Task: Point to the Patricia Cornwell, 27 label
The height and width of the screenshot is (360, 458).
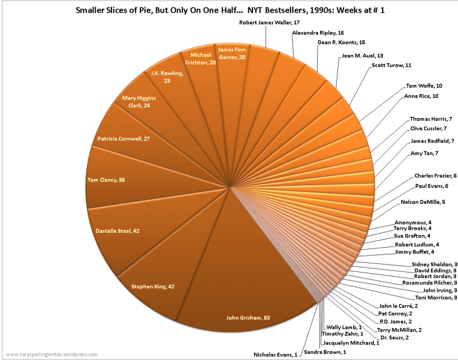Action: tap(124, 139)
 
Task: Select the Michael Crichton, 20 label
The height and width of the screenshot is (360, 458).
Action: tap(197, 58)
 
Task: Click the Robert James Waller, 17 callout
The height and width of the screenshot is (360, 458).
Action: tap(269, 22)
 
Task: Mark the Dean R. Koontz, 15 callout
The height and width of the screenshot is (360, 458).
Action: tap(341, 43)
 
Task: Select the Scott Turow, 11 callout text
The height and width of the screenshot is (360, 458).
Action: tap(391, 65)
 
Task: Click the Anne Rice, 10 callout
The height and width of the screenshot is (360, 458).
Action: tap(421, 96)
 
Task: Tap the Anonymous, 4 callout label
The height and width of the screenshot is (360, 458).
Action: tap(412, 222)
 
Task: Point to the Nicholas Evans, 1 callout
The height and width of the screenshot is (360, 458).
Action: tap(275, 355)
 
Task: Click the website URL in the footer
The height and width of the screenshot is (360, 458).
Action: tap(51, 355)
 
